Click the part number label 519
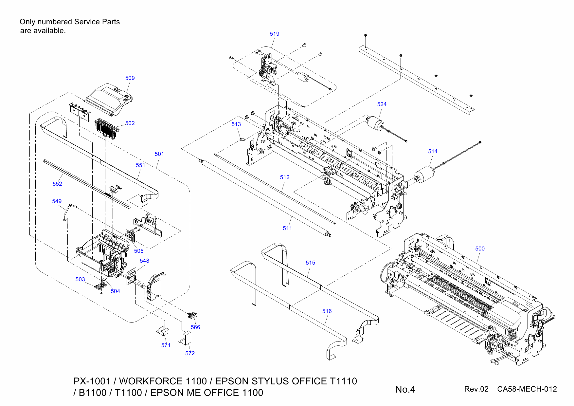pyautogui.click(x=274, y=34)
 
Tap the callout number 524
pyautogui.click(x=382, y=104)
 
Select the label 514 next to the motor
pyautogui.click(x=433, y=151)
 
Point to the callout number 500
pyautogui.click(x=480, y=249)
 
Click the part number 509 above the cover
pyautogui.click(x=130, y=78)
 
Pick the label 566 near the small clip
pyautogui.click(x=195, y=327)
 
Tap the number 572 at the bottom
pyautogui.click(x=190, y=353)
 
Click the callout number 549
pyautogui.click(x=57, y=201)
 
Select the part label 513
pyautogui.click(x=236, y=124)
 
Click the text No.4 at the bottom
pyautogui.click(x=405, y=389)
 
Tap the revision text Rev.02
pyautogui.click(x=476, y=389)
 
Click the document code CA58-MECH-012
pyautogui.click(x=527, y=389)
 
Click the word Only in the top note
pyautogui.click(x=27, y=22)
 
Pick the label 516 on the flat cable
pyautogui.click(x=327, y=311)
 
